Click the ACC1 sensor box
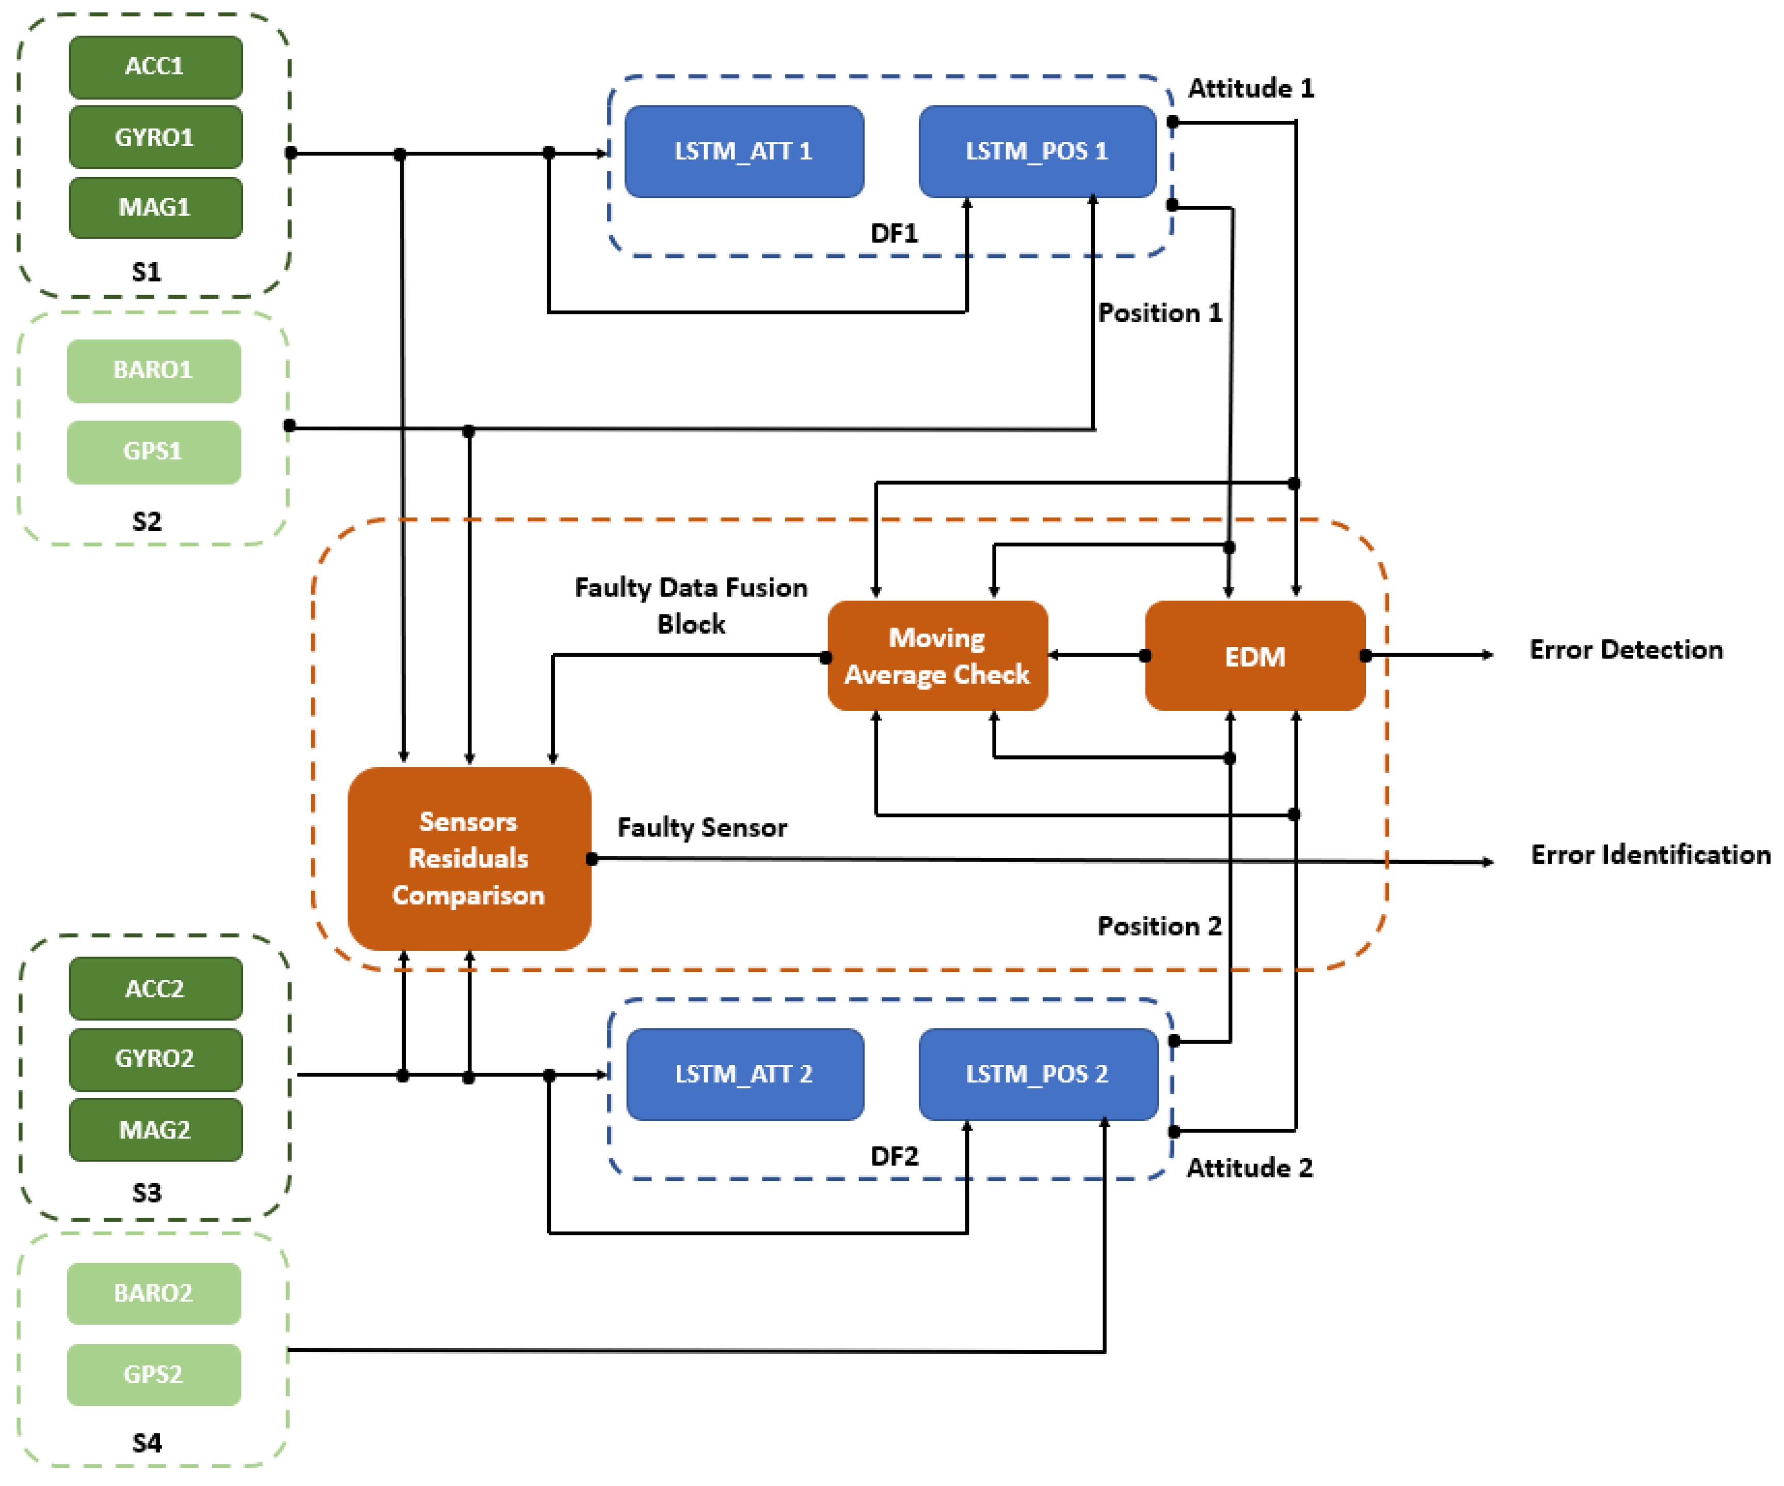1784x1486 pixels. click(x=155, y=66)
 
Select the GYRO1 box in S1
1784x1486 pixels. click(x=155, y=137)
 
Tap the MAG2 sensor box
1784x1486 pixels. click(x=155, y=1129)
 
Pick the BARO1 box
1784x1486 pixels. click(x=154, y=370)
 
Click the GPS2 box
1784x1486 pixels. click(x=154, y=1374)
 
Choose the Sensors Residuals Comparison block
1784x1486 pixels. click(x=469, y=859)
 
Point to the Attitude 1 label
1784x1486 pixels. click(x=1250, y=88)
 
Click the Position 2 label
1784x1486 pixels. click(x=1159, y=926)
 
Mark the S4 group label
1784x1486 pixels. click(x=146, y=1443)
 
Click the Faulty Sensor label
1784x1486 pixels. click(x=702, y=827)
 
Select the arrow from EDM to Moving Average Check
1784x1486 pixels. click(x=1096, y=655)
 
